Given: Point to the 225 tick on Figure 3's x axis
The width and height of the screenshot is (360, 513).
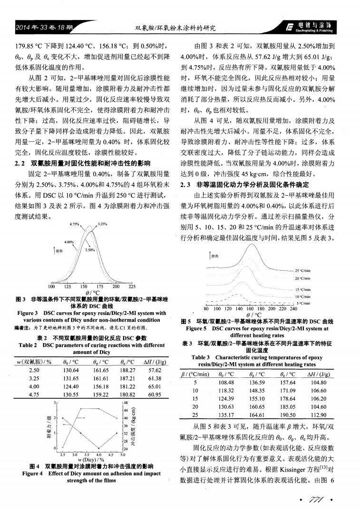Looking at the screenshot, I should pyautogui.click(x=132, y=287).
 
